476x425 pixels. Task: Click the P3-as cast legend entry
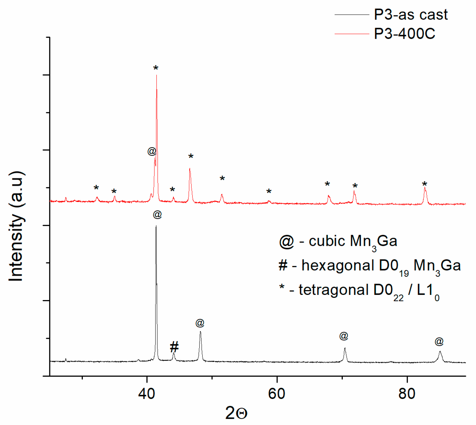(410, 15)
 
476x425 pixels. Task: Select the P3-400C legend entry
(404, 34)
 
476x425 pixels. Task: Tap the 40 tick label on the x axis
(146, 394)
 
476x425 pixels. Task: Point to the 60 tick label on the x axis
(276, 394)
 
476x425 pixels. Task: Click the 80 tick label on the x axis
(407, 394)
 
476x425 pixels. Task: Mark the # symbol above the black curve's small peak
(174, 347)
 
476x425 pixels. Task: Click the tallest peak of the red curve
(157, 76)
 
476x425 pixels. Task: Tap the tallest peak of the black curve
(156, 227)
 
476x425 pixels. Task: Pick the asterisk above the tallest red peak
(156, 68)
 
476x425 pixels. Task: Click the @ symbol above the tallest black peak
(157, 215)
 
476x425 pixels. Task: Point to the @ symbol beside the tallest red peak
(152, 151)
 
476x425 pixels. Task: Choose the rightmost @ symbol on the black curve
(439, 342)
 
